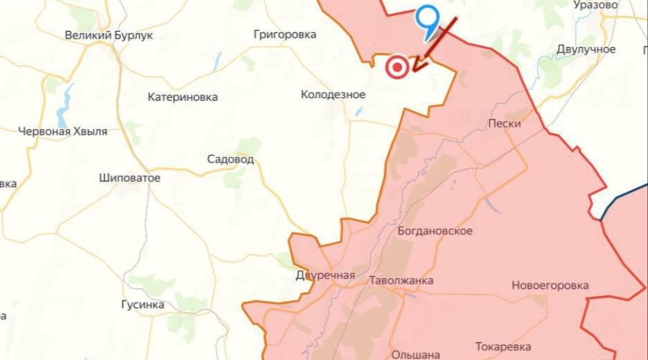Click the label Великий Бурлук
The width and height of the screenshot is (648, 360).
109,35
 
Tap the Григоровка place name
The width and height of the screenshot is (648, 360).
285,34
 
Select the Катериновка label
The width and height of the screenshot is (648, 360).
182,97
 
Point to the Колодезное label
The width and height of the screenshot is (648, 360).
333,94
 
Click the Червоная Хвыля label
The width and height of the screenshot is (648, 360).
63,131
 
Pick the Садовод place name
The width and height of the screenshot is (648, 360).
230,159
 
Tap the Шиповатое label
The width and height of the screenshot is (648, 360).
130,178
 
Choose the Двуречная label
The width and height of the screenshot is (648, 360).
325,276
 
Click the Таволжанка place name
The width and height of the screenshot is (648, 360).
401,280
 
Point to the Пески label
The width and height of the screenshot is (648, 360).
504,124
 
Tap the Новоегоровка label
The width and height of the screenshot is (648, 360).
549,285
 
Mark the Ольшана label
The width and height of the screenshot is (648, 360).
415,354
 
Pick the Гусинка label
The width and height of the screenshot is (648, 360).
143,305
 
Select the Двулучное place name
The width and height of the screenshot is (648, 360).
585,49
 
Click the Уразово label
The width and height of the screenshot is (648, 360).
595,5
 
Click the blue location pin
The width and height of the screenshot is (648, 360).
428,19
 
